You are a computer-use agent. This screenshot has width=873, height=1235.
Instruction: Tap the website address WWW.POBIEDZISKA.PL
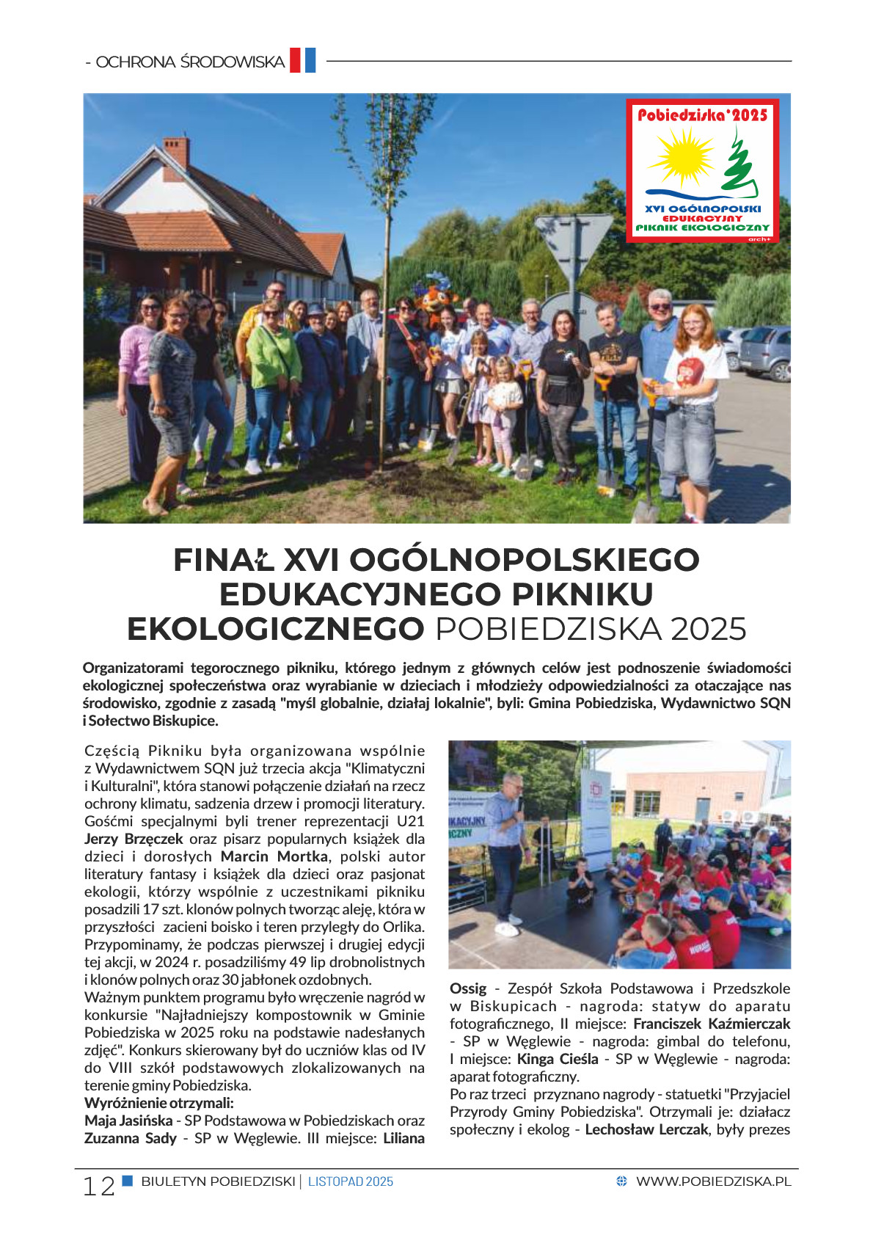pyautogui.click(x=713, y=1181)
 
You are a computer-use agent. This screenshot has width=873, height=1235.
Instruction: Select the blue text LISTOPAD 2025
pyautogui.click(x=351, y=1181)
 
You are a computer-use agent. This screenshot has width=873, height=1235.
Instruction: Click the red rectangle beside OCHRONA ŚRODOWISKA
pyautogui.click(x=295, y=60)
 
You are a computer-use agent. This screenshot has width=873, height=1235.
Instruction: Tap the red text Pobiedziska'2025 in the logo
pyautogui.click(x=702, y=114)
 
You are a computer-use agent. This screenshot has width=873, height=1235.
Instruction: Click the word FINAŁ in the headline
pyautogui.click(x=223, y=560)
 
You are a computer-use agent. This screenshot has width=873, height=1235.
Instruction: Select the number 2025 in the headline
pyautogui.click(x=708, y=630)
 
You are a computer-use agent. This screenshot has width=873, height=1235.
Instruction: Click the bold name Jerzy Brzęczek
pyautogui.click(x=134, y=839)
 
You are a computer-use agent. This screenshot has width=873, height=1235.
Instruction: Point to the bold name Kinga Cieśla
pyautogui.click(x=558, y=1059)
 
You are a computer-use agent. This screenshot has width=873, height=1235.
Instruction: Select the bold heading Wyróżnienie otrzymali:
pyautogui.click(x=159, y=1103)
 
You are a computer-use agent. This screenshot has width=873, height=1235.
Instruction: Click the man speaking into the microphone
pyautogui.click(x=507, y=844)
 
